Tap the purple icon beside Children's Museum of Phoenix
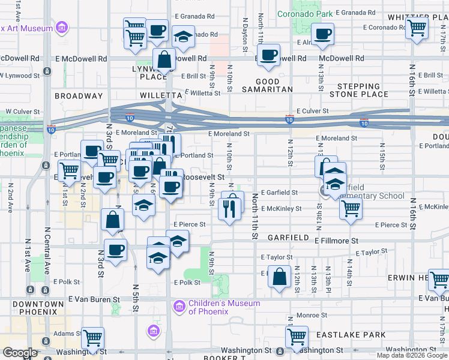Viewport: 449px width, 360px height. click(x=178, y=307)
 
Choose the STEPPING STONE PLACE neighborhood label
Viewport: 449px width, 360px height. click(x=358, y=90)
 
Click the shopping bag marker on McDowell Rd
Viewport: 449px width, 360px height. click(x=163, y=59)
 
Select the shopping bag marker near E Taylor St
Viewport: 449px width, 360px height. click(x=280, y=277)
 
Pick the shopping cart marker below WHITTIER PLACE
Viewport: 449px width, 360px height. click(x=417, y=26)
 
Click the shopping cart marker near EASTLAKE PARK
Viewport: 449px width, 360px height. click(x=297, y=337)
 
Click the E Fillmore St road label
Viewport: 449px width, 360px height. click(x=337, y=240)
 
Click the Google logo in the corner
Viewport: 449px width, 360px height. click(x=20, y=353)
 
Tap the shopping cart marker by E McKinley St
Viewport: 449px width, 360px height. click(x=351, y=209)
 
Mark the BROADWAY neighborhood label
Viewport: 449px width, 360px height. click(x=79, y=95)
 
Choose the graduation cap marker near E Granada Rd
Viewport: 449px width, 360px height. click(x=183, y=37)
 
